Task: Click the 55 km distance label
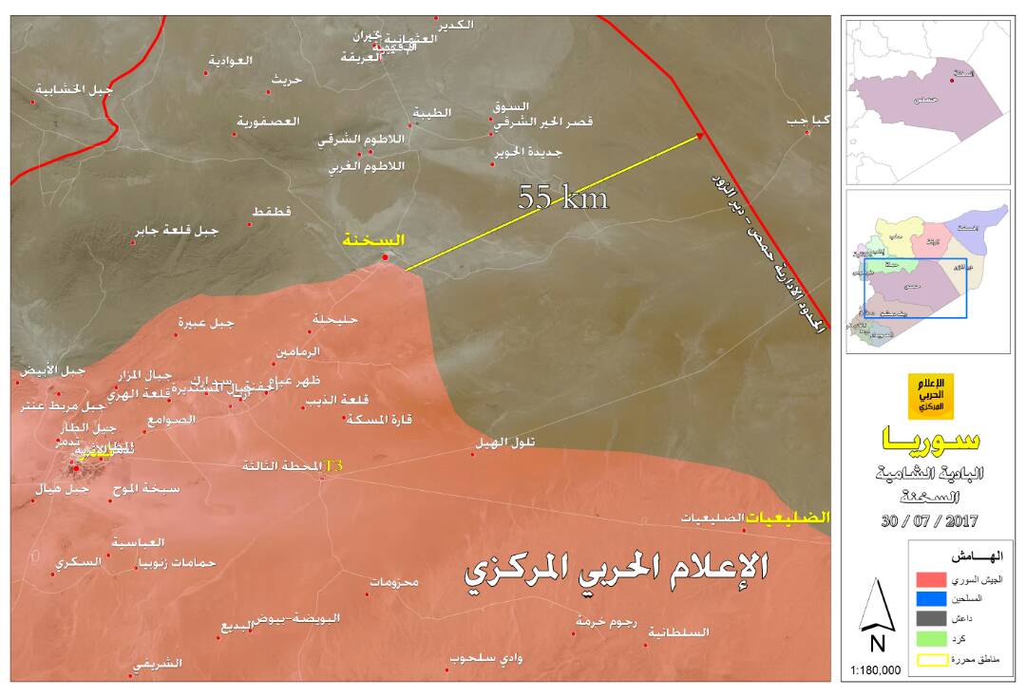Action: [x=562, y=198]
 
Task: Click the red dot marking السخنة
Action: [x=385, y=257]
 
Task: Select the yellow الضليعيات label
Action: [x=788, y=518]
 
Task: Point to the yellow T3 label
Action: [x=333, y=466]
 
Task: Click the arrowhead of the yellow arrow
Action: [x=701, y=135]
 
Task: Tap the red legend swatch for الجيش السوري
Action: [x=935, y=578]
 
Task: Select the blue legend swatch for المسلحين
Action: [x=935, y=598]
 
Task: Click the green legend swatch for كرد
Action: [x=935, y=639]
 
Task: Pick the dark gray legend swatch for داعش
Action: [x=935, y=619]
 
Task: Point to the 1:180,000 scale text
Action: [x=875, y=670]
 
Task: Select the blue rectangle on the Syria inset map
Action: [x=915, y=288]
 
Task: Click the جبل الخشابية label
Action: [x=72, y=90]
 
